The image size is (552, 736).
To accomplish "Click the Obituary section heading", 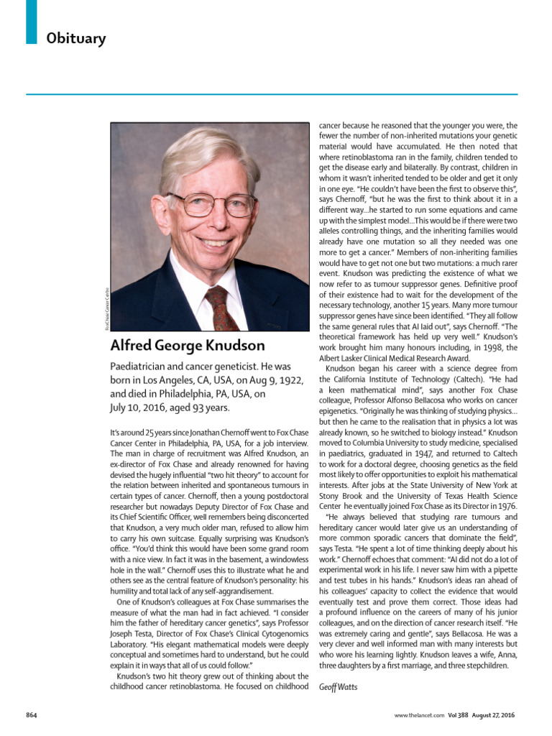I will [75, 38].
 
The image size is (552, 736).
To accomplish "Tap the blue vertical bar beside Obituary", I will [31, 22].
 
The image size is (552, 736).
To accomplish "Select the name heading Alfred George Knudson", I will [188, 345].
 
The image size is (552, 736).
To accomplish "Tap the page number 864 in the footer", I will [32, 714].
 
